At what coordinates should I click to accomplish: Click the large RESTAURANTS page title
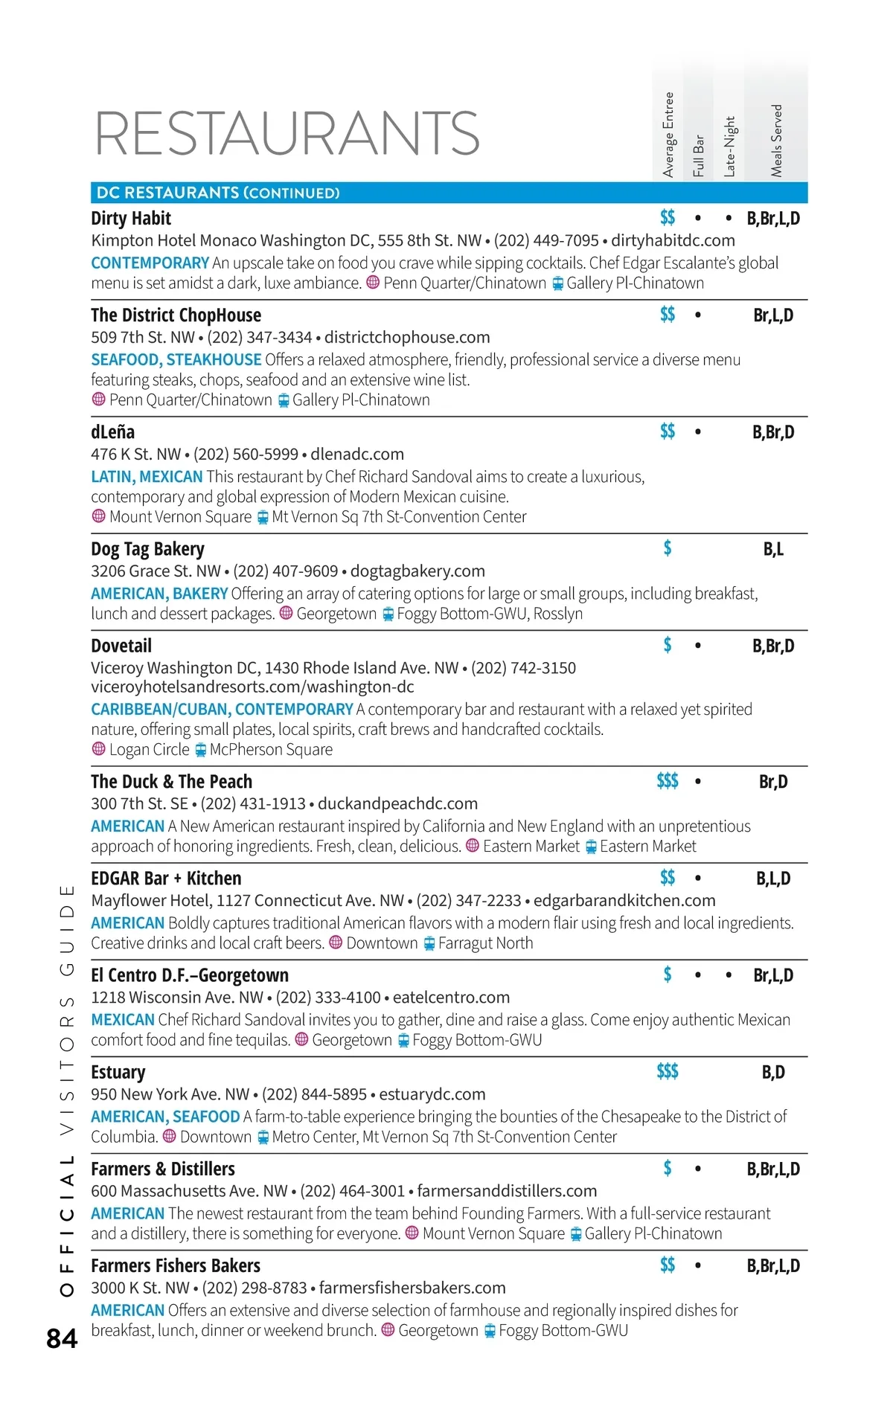pos(287,133)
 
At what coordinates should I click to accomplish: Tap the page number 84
pos(62,1338)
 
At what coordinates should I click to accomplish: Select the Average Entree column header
pos(668,135)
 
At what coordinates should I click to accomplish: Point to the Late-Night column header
pos(729,146)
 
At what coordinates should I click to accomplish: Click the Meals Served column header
pos(776,141)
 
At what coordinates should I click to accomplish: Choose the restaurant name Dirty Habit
pos(131,218)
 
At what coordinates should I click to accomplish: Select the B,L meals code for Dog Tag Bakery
pos(773,549)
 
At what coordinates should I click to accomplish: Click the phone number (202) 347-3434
pos(260,337)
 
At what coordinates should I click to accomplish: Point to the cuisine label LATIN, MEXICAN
pos(147,476)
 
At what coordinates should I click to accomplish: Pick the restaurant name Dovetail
pos(121,646)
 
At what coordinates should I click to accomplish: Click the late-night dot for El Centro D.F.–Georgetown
pos(729,975)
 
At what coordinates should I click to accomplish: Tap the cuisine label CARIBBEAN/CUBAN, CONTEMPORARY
pos(222,709)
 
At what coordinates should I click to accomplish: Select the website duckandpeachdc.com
pos(397,803)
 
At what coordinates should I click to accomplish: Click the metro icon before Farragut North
pos(429,943)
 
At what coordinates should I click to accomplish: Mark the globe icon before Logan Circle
pos(98,749)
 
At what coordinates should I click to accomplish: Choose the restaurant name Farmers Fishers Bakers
pos(176,1265)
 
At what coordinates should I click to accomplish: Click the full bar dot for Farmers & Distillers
pos(697,1169)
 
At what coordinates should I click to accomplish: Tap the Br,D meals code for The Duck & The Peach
pos(773,781)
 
